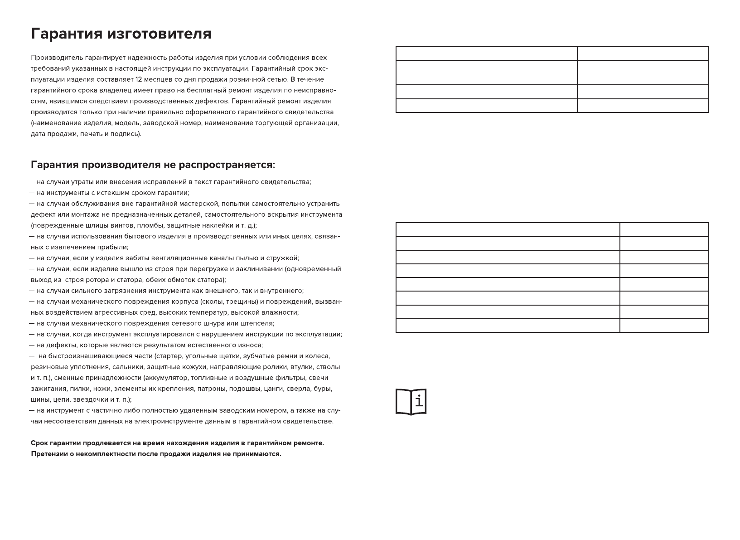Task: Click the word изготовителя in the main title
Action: [159, 34]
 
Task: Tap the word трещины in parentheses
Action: [242, 302]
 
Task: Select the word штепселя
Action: [258, 323]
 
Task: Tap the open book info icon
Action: [411, 401]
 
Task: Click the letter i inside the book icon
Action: [419, 401]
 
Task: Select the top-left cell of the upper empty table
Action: [486, 54]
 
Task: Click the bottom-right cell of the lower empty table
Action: [664, 326]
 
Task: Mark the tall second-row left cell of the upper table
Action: [486, 73]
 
